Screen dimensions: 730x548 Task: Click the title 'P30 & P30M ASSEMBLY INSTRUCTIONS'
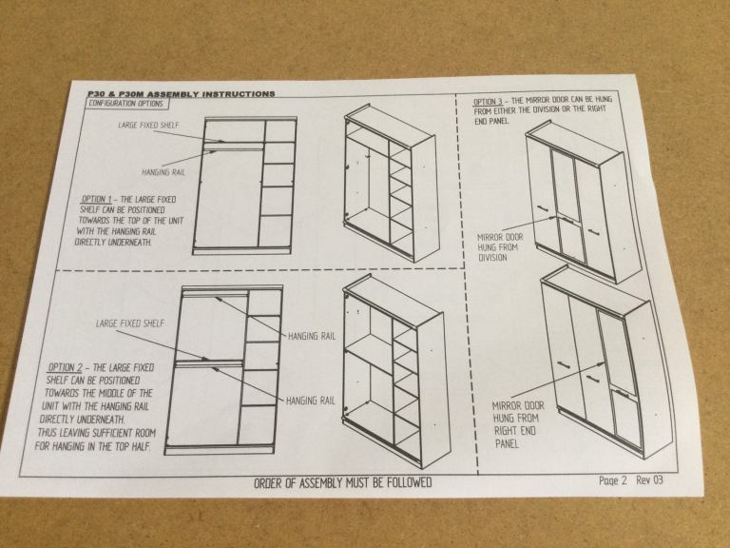(x=182, y=93)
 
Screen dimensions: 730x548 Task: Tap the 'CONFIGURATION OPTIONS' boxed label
(x=126, y=104)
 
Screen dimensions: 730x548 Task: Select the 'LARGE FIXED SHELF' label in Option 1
(x=148, y=125)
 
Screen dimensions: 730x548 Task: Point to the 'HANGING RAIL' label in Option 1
(x=163, y=172)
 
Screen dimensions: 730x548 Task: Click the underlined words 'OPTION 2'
(x=66, y=367)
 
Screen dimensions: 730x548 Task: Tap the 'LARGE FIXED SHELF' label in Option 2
(x=130, y=323)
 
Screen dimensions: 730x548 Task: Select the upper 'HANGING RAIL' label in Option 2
(x=312, y=336)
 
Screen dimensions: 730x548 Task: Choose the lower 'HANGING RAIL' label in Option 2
(x=310, y=401)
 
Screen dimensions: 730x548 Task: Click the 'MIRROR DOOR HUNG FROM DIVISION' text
(x=499, y=247)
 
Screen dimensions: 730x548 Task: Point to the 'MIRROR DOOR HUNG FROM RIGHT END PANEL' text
(x=517, y=424)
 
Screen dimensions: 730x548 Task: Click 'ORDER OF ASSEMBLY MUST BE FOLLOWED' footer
(x=342, y=482)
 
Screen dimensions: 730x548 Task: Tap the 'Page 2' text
(x=613, y=480)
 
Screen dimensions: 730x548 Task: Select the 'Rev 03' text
(x=649, y=479)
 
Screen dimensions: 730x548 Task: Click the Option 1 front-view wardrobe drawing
(x=245, y=186)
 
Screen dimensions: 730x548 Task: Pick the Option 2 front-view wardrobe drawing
(x=224, y=369)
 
